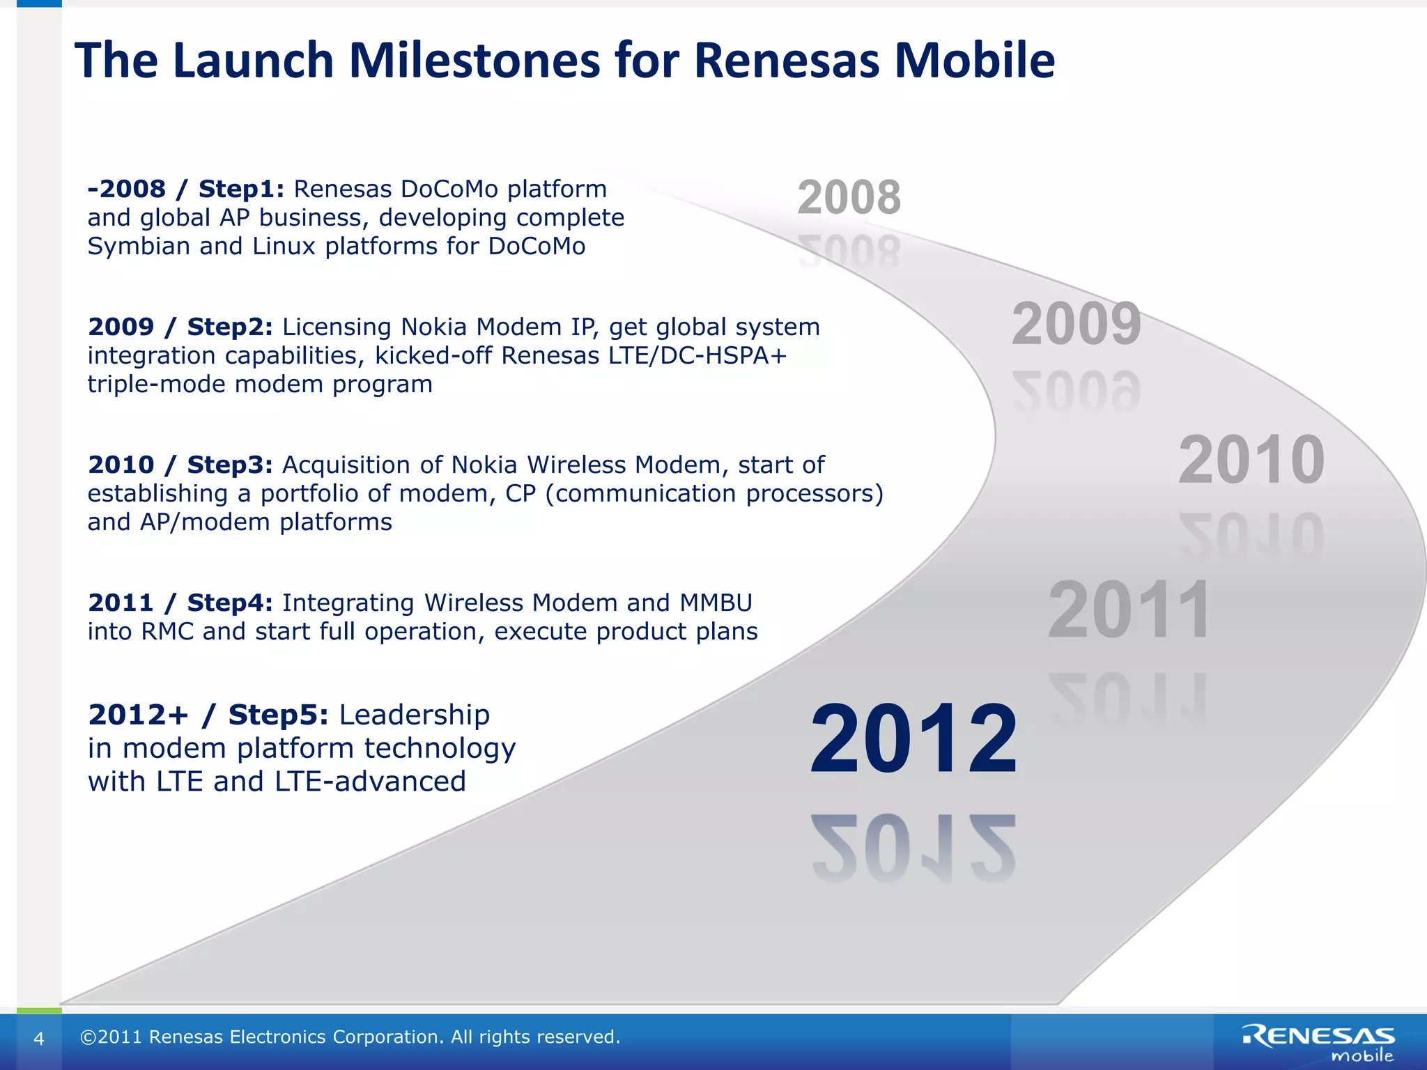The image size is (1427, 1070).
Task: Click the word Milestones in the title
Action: [474, 61]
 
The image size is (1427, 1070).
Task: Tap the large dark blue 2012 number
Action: [913, 740]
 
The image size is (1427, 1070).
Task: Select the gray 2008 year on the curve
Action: [849, 198]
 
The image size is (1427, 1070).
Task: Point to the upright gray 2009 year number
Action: [1076, 325]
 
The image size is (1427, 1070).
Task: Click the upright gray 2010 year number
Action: [1251, 460]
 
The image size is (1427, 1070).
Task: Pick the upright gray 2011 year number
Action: [1129, 611]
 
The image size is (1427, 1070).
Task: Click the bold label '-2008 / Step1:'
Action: [185, 189]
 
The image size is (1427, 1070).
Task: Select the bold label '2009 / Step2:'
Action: [180, 327]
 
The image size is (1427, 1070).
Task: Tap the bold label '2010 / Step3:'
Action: [180, 465]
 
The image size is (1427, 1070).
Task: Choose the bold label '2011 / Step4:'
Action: [180, 603]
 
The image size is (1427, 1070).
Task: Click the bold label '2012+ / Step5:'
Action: [208, 715]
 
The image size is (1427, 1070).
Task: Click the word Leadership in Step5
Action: [415, 715]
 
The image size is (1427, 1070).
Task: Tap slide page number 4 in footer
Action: [39, 1039]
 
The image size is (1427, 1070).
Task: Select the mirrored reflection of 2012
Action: [913, 848]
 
